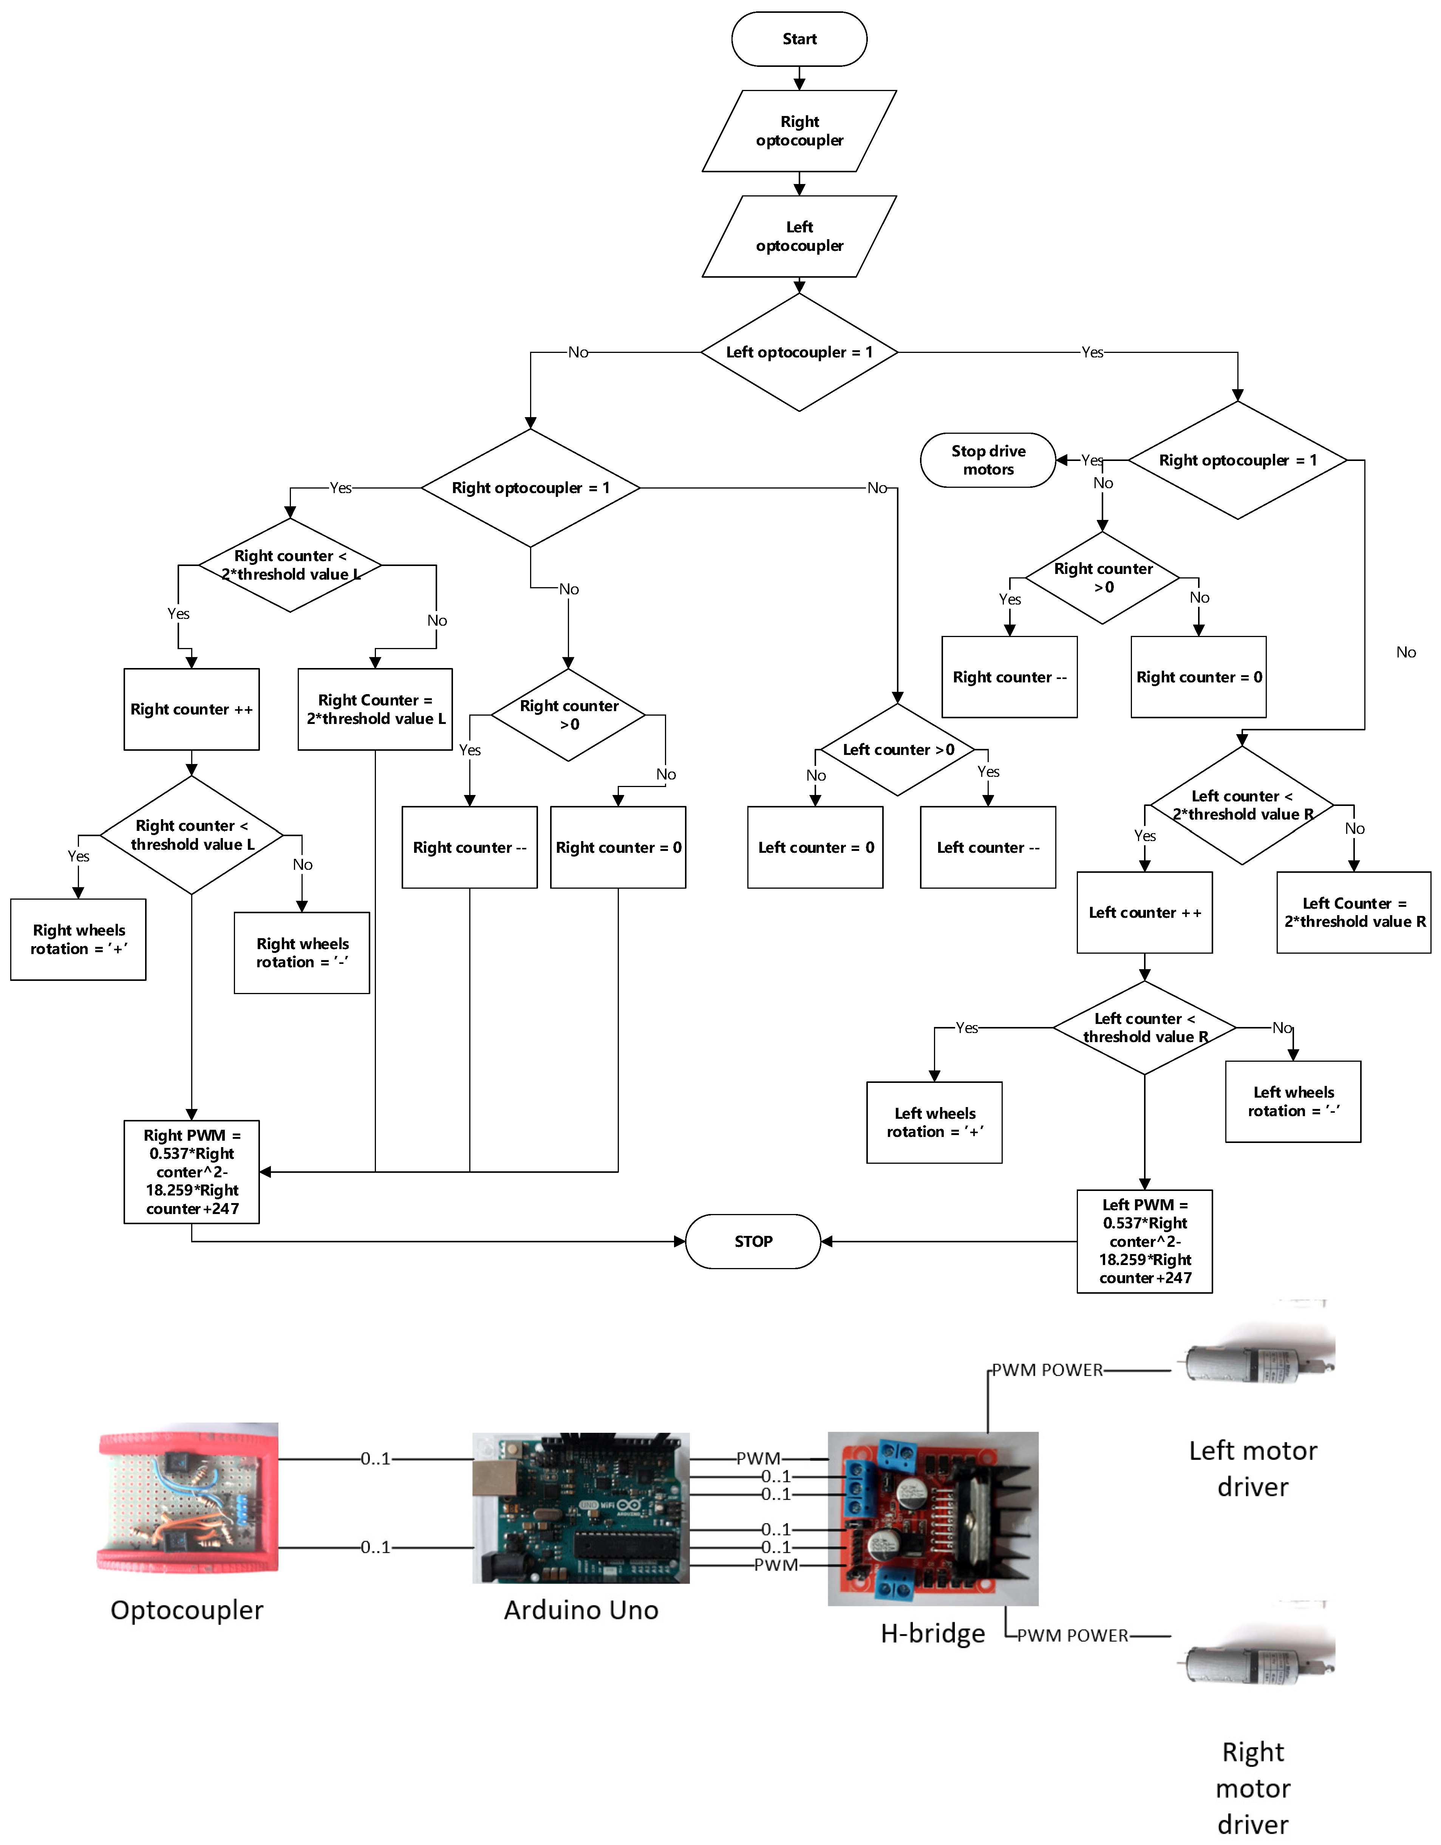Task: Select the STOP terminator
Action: [753, 1241]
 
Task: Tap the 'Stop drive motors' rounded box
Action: [987, 461]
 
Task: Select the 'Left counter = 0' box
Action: [815, 847]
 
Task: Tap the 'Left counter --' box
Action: [987, 847]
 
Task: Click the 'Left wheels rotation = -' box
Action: [1293, 1101]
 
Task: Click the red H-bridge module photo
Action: [932, 1518]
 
